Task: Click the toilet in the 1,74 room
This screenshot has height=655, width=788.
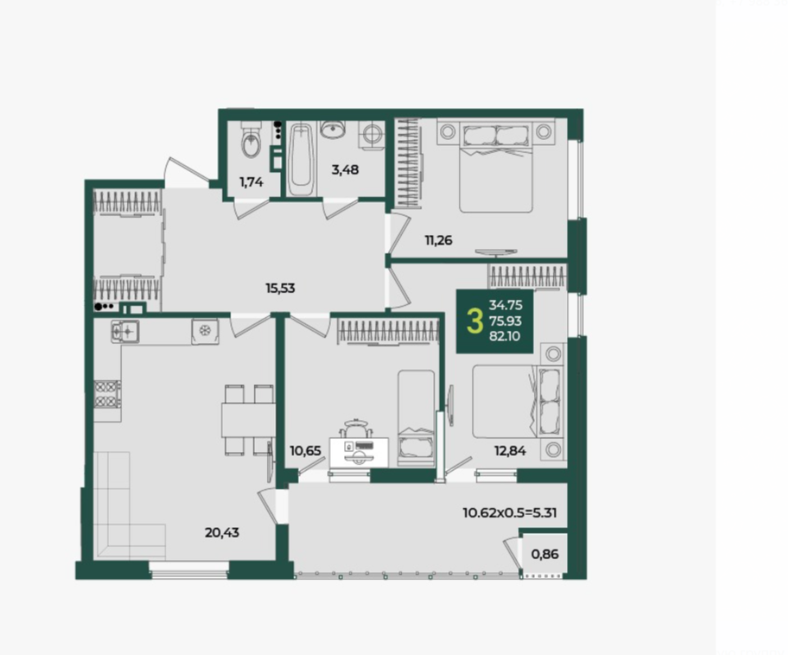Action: click(251, 140)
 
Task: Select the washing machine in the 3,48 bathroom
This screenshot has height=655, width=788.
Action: click(371, 134)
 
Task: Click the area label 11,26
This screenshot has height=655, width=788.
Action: click(438, 240)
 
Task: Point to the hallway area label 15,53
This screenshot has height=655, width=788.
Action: click(280, 288)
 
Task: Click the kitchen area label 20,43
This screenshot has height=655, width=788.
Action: click(222, 532)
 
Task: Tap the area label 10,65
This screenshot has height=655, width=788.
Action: click(305, 450)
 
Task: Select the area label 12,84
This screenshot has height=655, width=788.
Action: click(510, 450)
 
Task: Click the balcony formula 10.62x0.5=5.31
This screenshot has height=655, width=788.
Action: click(509, 513)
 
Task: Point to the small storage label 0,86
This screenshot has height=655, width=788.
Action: click(545, 554)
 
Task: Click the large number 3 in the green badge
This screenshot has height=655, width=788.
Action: click(474, 322)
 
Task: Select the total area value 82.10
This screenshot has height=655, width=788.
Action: click(505, 336)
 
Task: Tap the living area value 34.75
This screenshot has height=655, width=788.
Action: click(505, 305)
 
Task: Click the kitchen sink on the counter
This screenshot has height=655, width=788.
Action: click(125, 332)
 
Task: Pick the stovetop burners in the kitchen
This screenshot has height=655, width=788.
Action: click(107, 394)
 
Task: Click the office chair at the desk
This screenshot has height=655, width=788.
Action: click(356, 431)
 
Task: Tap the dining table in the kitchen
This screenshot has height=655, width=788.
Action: click(248, 420)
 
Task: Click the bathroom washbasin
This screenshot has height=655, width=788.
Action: click(333, 129)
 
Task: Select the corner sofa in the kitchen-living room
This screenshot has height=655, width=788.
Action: click(129, 505)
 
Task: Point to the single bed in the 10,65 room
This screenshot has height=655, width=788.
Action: click(416, 419)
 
